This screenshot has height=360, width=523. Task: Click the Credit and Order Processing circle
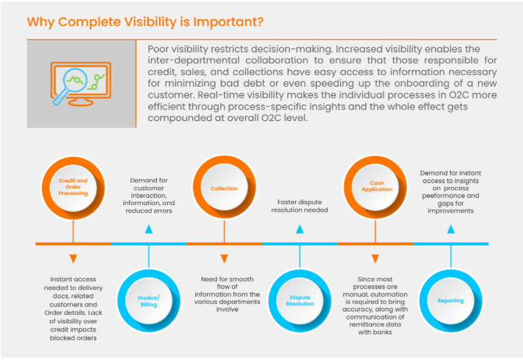click(x=73, y=187)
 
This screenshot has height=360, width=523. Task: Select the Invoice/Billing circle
click(x=148, y=301)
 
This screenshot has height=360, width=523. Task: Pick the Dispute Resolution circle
click(x=300, y=301)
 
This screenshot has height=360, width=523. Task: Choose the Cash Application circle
click(x=376, y=187)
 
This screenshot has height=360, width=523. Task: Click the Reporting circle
click(x=450, y=301)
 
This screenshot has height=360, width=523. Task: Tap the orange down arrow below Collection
click(x=224, y=258)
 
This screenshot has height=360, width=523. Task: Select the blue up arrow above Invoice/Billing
click(x=148, y=229)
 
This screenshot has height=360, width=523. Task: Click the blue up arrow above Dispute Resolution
click(x=300, y=229)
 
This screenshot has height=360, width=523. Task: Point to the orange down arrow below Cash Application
click(x=375, y=258)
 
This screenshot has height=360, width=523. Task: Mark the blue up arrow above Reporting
click(x=451, y=229)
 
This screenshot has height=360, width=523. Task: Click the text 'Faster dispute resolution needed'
click(x=299, y=206)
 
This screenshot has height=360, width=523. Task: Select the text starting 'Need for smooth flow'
click(x=224, y=294)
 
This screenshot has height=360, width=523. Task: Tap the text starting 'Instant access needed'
click(x=73, y=308)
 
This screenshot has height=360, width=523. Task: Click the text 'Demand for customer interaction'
click(x=148, y=195)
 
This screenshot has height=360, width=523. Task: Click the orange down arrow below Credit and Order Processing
click(x=73, y=258)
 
